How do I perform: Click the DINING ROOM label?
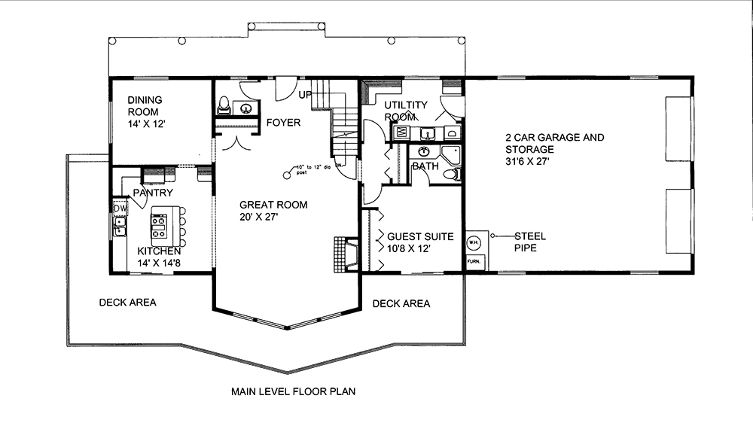click(145, 105)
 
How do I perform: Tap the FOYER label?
click(283, 123)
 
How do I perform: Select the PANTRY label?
click(153, 193)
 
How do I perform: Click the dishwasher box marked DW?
click(120, 207)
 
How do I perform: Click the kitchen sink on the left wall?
click(119, 224)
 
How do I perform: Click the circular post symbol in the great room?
click(287, 175)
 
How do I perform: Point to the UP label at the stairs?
click(305, 96)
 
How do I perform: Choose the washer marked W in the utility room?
click(401, 133)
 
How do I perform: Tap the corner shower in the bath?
click(453, 156)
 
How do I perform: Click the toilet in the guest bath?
click(451, 175)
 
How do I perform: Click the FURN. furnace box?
click(474, 262)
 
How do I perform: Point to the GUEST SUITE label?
click(420, 236)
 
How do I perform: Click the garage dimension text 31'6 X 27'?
click(529, 162)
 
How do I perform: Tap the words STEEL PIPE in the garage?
click(530, 242)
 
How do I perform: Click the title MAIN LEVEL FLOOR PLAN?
click(293, 391)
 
